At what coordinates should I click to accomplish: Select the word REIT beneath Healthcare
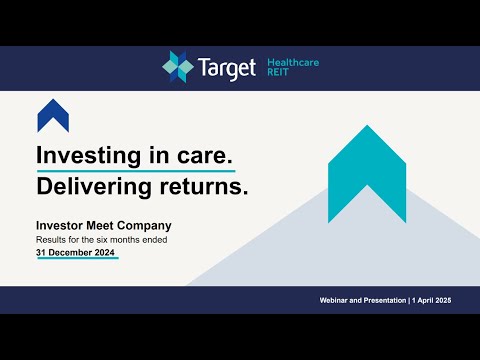point(277,74)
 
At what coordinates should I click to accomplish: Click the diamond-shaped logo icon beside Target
point(180,68)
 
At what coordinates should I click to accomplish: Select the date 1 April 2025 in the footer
point(438,301)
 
